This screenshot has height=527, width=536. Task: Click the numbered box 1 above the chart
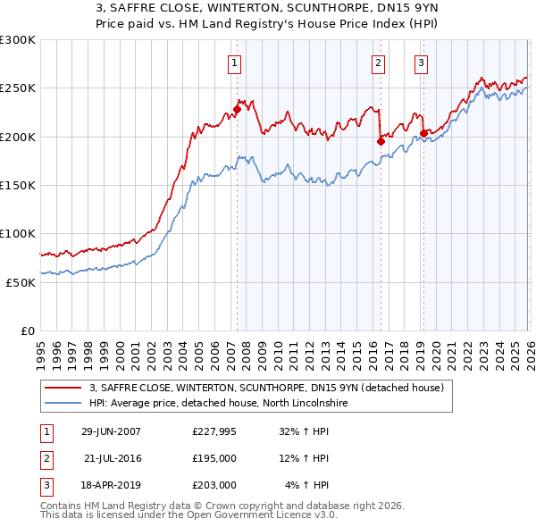[x=234, y=63]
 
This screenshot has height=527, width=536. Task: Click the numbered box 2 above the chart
[x=379, y=63]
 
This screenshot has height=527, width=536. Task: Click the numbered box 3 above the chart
[x=421, y=63]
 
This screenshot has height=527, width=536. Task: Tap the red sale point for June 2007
[x=237, y=110]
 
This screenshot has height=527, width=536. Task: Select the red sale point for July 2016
[x=381, y=141]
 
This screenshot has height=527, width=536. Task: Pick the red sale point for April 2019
[x=423, y=134]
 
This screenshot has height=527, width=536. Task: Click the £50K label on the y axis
[x=21, y=282]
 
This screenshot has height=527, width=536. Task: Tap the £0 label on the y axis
[x=28, y=330]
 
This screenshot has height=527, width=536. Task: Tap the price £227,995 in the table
[x=214, y=431]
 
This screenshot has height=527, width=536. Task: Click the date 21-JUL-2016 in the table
[x=113, y=458]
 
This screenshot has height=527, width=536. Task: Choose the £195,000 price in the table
[x=214, y=458]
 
